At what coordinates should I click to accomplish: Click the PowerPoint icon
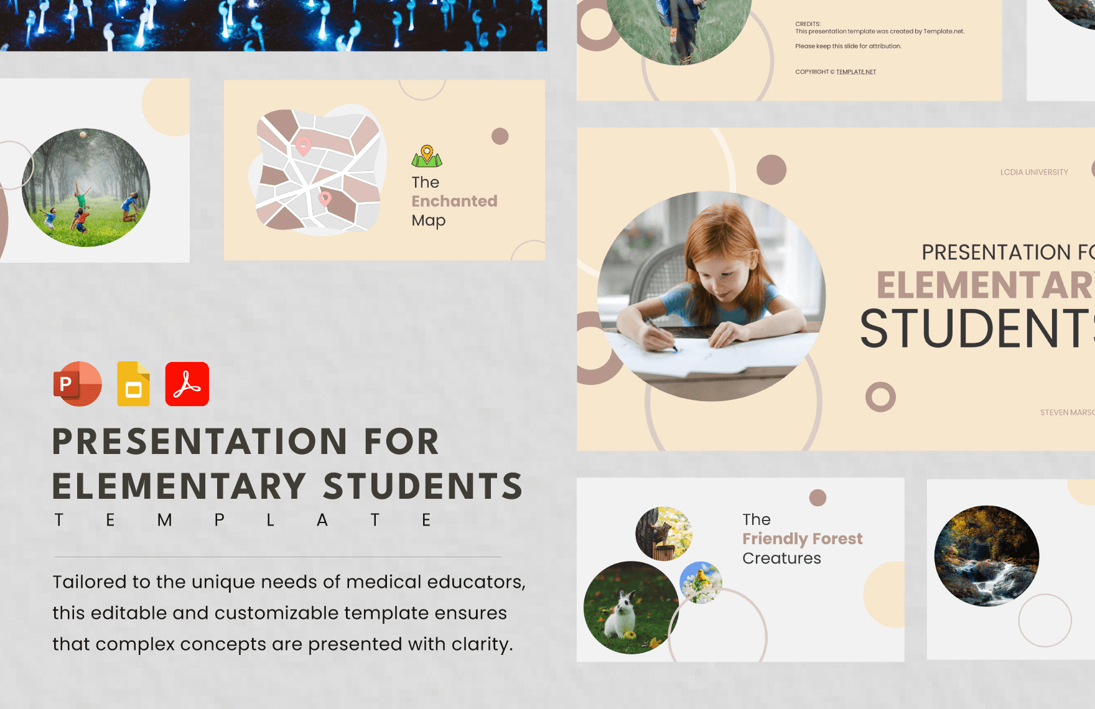point(77,384)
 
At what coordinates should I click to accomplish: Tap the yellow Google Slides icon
point(134,384)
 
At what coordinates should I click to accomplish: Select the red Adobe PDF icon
point(187,384)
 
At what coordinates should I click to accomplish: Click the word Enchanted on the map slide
point(454,202)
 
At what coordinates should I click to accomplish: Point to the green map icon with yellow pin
point(427,157)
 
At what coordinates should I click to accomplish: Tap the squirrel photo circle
point(663,534)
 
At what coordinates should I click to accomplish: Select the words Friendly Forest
point(802,539)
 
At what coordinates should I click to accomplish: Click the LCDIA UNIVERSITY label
point(1034,172)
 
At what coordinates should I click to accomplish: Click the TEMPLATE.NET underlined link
point(855,72)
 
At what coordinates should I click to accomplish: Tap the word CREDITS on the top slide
point(807,24)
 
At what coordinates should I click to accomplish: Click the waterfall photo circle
point(986,555)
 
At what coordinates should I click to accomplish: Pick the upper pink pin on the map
point(303,146)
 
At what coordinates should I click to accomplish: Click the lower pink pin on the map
point(325,198)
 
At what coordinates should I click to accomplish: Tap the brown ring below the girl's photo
point(880,397)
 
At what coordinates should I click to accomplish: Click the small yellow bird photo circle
point(701,582)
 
